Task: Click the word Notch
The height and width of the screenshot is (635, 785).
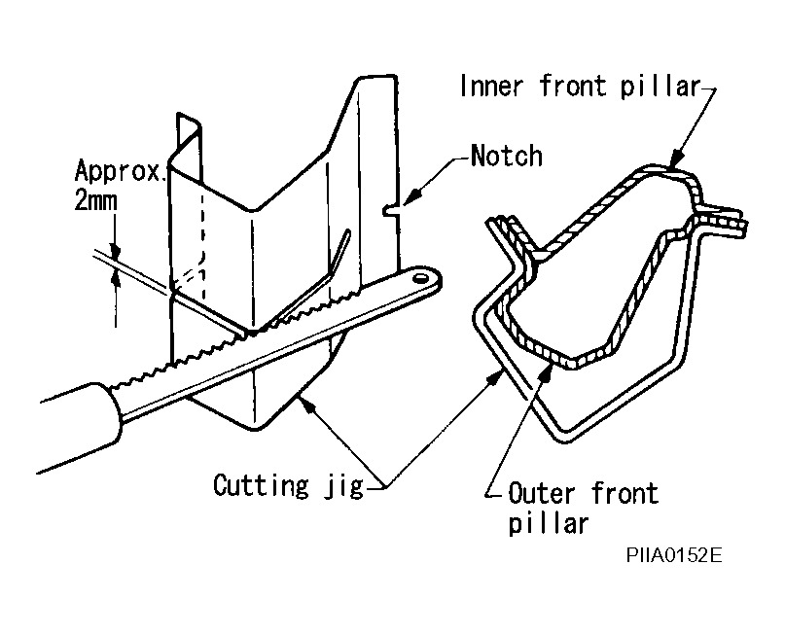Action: click(507, 156)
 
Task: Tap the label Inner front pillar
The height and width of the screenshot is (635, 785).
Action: click(580, 87)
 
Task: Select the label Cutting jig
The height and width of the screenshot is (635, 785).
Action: click(288, 486)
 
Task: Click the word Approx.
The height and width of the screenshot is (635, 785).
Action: click(119, 171)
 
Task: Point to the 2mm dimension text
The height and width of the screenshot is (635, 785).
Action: click(95, 200)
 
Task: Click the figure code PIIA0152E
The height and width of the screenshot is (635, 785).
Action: click(674, 555)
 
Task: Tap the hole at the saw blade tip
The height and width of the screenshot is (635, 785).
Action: click(421, 277)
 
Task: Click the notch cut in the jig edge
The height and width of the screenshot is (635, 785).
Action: click(391, 211)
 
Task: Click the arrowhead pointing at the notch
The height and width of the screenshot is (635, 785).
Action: click(410, 195)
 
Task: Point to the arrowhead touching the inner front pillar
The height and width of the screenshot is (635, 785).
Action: click(675, 158)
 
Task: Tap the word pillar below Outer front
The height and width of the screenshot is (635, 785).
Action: click(549, 524)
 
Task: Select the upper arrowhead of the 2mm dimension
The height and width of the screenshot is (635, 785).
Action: click(115, 251)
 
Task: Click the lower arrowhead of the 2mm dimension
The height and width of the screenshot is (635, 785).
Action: click(116, 277)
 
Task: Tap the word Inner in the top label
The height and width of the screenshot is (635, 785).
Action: click(491, 87)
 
